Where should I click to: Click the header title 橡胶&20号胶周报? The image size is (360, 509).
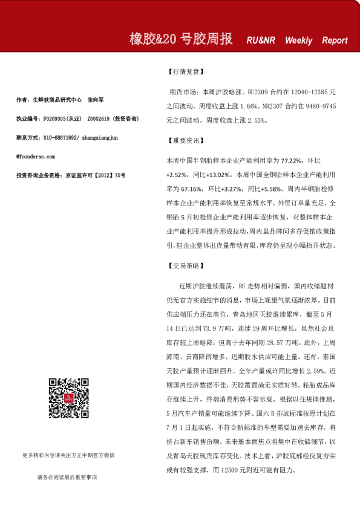pos(181,40)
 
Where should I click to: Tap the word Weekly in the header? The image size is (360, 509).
pos(298,41)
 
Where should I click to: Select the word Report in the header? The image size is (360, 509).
pos(335,41)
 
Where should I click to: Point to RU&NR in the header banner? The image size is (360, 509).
pos(261,41)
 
